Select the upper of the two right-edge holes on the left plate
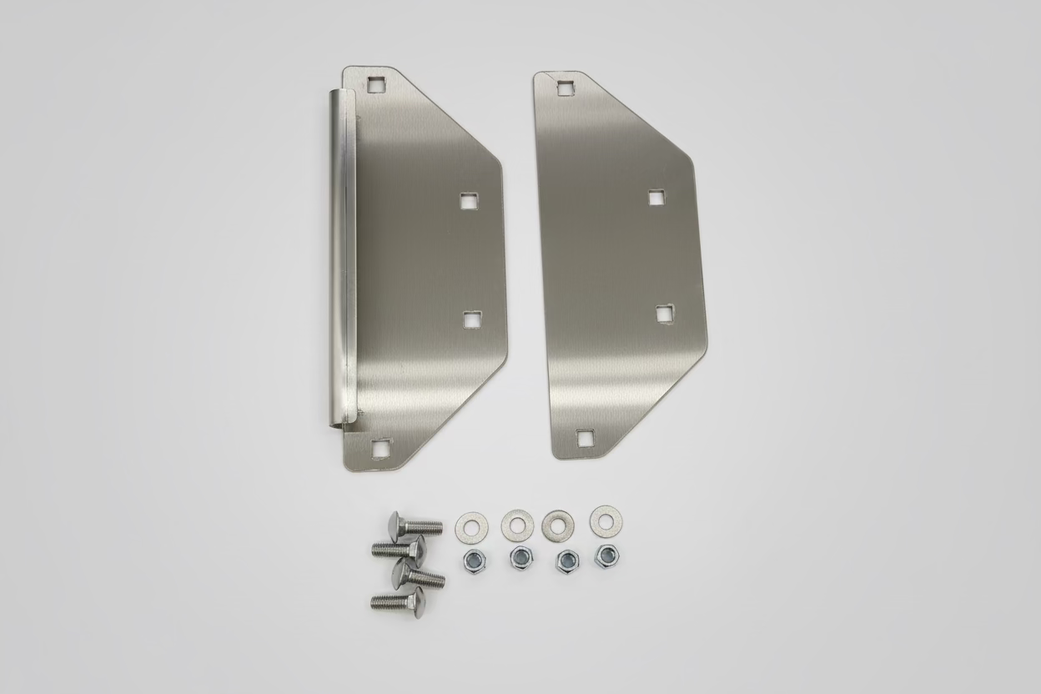click(x=468, y=201)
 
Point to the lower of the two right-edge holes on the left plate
click(x=473, y=319)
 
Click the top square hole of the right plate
click(x=566, y=87)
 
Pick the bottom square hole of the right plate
click(x=586, y=436)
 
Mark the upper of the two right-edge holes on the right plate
click(x=657, y=197)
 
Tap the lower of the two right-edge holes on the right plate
click(x=665, y=313)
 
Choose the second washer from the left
click(x=517, y=526)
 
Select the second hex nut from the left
click(x=520, y=557)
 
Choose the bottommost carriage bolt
click(x=398, y=598)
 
